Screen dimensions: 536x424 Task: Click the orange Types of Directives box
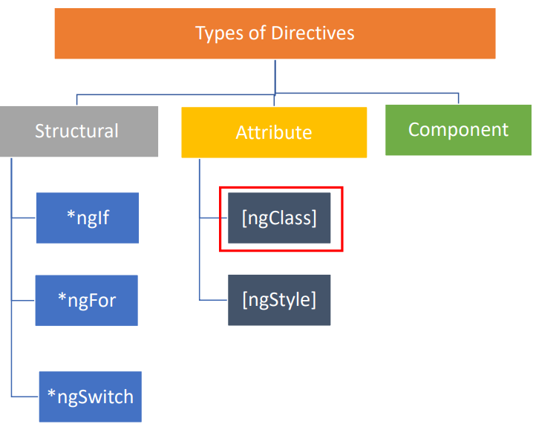coord(275,33)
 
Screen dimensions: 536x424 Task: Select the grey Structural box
coord(79,131)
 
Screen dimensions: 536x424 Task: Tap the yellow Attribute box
coord(274,132)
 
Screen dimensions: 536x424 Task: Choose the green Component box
coord(458,130)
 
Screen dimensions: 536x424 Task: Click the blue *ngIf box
coord(88,218)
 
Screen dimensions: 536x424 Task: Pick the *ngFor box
coord(87,300)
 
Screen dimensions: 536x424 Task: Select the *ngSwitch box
coord(91,397)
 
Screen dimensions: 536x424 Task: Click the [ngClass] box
coord(279,218)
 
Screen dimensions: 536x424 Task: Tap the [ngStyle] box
coord(279,300)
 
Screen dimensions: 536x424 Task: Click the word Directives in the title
coord(313,33)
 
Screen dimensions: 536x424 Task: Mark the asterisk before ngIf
coord(71,215)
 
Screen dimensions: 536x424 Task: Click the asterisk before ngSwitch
coord(52,394)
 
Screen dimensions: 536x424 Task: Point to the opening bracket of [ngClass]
coord(244,218)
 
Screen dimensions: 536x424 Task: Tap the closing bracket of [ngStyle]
coord(313,300)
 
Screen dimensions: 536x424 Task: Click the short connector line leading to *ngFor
coord(23,301)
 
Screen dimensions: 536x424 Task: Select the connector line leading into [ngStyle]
coord(213,300)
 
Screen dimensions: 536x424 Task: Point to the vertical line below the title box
coord(275,76)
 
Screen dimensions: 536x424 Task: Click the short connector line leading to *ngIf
coord(24,218)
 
